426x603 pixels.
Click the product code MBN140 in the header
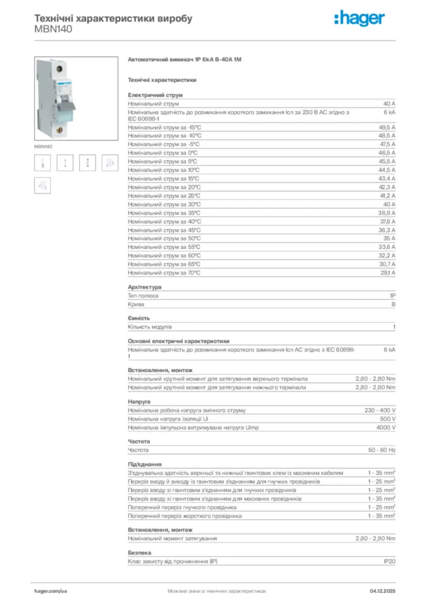tap(54, 29)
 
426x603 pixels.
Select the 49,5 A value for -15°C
tap(387, 127)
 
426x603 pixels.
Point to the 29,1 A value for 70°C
tap(387, 273)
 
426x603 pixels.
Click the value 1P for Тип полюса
tap(392, 296)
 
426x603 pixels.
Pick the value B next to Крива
tap(393, 304)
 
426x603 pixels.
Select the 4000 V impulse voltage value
tap(385, 428)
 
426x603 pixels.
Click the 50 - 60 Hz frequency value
tap(382, 450)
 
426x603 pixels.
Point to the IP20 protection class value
tap(389, 562)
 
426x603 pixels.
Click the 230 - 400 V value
tap(380, 410)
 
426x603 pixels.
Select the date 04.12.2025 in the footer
tap(382, 590)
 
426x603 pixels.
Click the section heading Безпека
tap(139, 553)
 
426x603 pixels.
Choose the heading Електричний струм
tap(155, 95)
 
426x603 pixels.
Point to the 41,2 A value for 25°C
tap(387, 196)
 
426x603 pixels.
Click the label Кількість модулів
tap(150, 327)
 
